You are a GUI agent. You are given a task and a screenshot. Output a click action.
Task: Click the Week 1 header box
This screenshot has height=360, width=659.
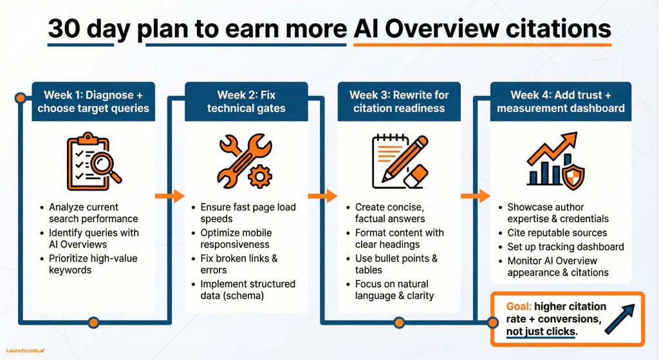(x=93, y=101)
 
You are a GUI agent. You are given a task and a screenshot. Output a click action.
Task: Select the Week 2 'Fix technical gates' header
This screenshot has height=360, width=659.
(x=246, y=101)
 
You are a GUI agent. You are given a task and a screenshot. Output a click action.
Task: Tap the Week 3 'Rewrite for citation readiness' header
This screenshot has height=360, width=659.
(x=399, y=101)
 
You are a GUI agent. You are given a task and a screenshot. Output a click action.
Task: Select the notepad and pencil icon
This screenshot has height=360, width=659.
(x=399, y=161)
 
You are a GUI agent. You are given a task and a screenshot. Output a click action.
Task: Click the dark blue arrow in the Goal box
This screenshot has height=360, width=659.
(x=619, y=319)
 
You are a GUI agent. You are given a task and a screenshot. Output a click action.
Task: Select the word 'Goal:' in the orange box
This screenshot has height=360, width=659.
(x=519, y=307)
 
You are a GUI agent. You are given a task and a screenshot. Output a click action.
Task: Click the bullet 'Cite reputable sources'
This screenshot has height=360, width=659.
(x=557, y=232)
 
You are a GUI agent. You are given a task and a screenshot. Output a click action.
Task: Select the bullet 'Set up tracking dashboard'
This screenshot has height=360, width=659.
(x=565, y=247)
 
